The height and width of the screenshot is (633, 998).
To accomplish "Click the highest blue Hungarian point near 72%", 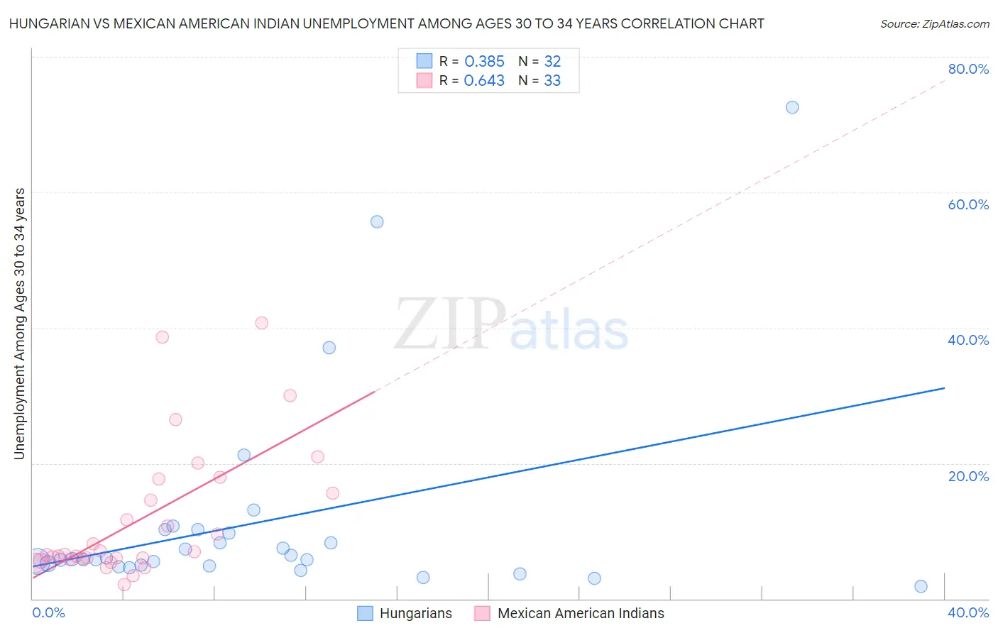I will tap(792, 107).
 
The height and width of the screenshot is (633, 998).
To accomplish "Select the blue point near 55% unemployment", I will tap(377, 221).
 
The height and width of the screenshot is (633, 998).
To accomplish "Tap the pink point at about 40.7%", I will tap(261, 323).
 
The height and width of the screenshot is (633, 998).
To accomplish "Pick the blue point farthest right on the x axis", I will tap(921, 586).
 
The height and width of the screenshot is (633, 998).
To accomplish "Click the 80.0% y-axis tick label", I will tap(968, 69).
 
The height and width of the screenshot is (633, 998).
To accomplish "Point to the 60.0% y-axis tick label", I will tap(968, 204).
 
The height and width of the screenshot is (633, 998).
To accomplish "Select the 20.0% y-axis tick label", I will tap(968, 476).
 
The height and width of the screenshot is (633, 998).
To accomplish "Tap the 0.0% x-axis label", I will tap(48, 612).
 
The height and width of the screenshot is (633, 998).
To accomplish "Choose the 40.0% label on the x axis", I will tap(968, 612).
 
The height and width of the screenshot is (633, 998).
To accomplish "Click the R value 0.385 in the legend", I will tap(484, 62).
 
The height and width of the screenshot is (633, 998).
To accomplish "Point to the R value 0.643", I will tap(484, 81).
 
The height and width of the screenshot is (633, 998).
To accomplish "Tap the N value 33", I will tap(552, 81).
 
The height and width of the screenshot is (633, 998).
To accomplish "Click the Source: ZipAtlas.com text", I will tap(935, 24).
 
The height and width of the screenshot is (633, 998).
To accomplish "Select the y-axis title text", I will tap(20, 324).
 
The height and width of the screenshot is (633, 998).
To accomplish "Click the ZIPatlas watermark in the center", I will tap(511, 325).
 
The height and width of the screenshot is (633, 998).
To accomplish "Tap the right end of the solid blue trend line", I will tap(944, 388).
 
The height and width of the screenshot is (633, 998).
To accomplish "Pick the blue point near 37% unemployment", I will tap(329, 348).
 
